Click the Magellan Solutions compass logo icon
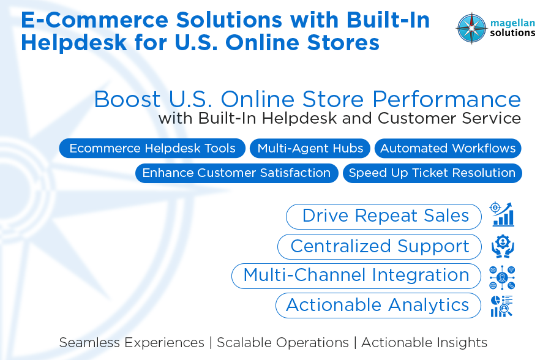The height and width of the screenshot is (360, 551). (x=471, y=28)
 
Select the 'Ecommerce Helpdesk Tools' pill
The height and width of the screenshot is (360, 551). (x=152, y=149)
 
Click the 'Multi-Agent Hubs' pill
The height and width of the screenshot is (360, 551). (x=310, y=149)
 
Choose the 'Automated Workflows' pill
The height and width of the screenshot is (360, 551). (x=448, y=149)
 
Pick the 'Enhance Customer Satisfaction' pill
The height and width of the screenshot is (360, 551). (x=236, y=173)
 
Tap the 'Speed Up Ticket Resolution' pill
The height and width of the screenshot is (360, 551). (x=432, y=173)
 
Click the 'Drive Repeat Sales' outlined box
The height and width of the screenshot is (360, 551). (x=384, y=216)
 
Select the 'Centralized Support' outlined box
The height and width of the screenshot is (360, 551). (x=380, y=246)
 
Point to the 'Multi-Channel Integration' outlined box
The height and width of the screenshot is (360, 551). (x=356, y=276)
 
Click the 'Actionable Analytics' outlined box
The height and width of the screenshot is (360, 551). (x=378, y=305)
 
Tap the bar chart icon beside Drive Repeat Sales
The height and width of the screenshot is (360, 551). (x=502, y=215)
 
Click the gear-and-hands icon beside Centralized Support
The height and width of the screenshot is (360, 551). (x=503, y=246)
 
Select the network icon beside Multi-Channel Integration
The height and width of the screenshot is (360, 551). (x=503, y=277)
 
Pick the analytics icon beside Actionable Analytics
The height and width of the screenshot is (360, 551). (x=502, y=306)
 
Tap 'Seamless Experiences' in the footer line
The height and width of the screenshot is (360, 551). (x=132, y=343)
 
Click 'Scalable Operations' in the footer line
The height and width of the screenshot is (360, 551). (x=282, y=343)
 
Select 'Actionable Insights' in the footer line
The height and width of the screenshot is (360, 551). (x=424, y=343)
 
